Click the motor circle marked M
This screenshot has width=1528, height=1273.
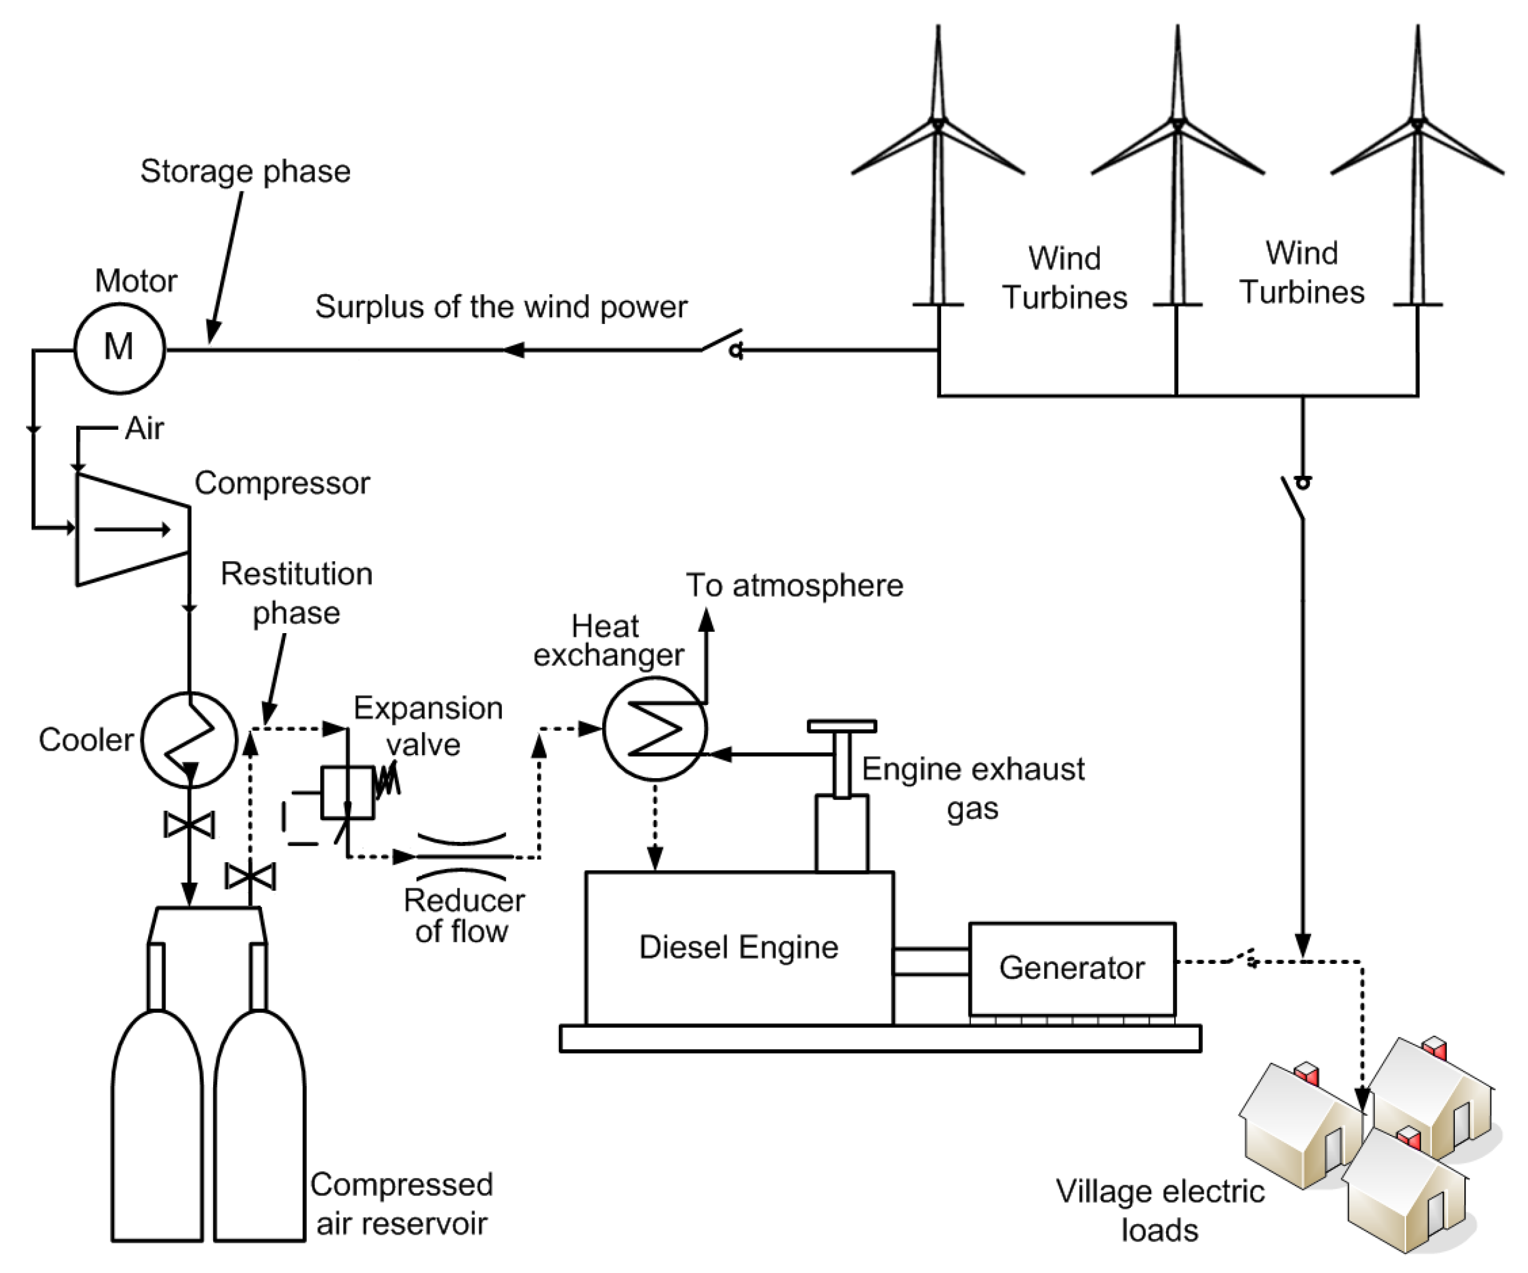coord(120,348)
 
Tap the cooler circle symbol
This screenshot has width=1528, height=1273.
coord(189,740)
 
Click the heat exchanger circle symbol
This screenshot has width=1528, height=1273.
coord(655,729)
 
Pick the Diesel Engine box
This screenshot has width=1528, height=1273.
coord(739,948)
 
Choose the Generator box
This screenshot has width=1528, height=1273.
coord(1072,968)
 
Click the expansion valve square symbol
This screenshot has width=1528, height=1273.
coord(348,792)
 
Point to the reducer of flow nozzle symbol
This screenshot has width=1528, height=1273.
coord(463,856)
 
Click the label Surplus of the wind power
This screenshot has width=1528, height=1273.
coord(501,307)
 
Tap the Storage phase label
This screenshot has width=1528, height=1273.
coord(245,172)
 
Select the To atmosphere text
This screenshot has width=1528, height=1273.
coord(794,585)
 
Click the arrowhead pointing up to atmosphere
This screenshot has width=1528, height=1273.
coord(706,619)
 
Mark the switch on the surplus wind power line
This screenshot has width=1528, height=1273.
coord(722,344)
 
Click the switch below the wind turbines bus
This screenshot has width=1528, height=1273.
coord(1294,498)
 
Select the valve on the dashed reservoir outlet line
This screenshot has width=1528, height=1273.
coord(250,876)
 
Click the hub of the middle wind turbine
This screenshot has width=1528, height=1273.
coord(1177,122)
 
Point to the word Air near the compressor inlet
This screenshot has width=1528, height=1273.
coord(144,429)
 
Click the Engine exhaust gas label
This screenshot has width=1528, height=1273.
coord(973,789)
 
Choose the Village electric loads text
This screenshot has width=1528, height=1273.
coord(1160,1210)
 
